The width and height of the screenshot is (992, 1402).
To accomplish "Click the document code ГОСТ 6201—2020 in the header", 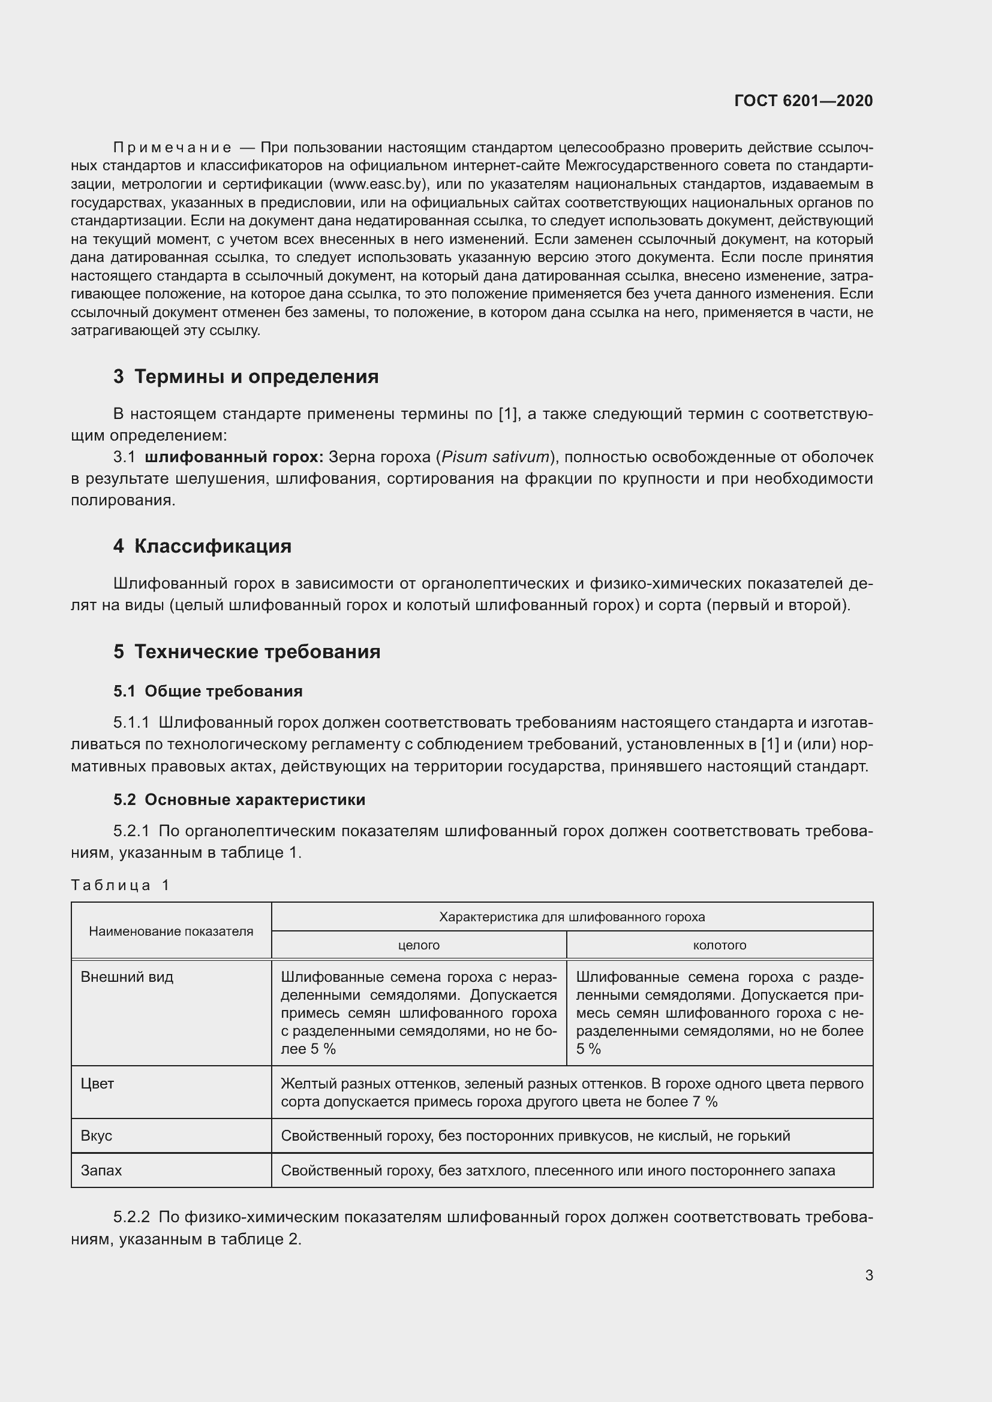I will point(803,101).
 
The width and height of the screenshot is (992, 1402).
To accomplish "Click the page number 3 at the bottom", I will point(868,1275).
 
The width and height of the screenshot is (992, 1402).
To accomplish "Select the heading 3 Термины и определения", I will point(245,377).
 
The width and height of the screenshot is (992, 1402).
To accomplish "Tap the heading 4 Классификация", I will point(202,546).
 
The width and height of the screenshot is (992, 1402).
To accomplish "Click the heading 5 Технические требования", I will point(247,652).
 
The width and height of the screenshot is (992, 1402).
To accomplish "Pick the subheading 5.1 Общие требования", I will point(208,691).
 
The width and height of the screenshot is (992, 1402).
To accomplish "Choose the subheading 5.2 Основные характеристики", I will point(239,800).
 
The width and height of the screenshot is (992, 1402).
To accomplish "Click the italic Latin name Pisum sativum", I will point(495,457).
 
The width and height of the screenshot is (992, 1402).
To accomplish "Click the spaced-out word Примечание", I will point(172,148).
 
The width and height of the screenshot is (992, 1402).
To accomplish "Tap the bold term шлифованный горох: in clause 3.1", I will point(234,457).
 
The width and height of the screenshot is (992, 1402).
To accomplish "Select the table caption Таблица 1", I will point(121,885).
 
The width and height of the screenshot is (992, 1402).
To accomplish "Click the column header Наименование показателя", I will point(171,931).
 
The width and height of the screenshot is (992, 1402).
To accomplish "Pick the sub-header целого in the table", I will point(419,945).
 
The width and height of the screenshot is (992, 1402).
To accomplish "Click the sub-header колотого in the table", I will point(720,945).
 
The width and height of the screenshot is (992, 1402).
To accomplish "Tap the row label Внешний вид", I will point(127,977).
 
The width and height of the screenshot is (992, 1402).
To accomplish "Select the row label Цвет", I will point(97,1084).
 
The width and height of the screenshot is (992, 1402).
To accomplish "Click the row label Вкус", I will point(97,1136).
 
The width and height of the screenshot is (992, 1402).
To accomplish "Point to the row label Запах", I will point(101,1171).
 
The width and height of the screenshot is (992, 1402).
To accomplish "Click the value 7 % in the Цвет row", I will point(705,1102).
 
